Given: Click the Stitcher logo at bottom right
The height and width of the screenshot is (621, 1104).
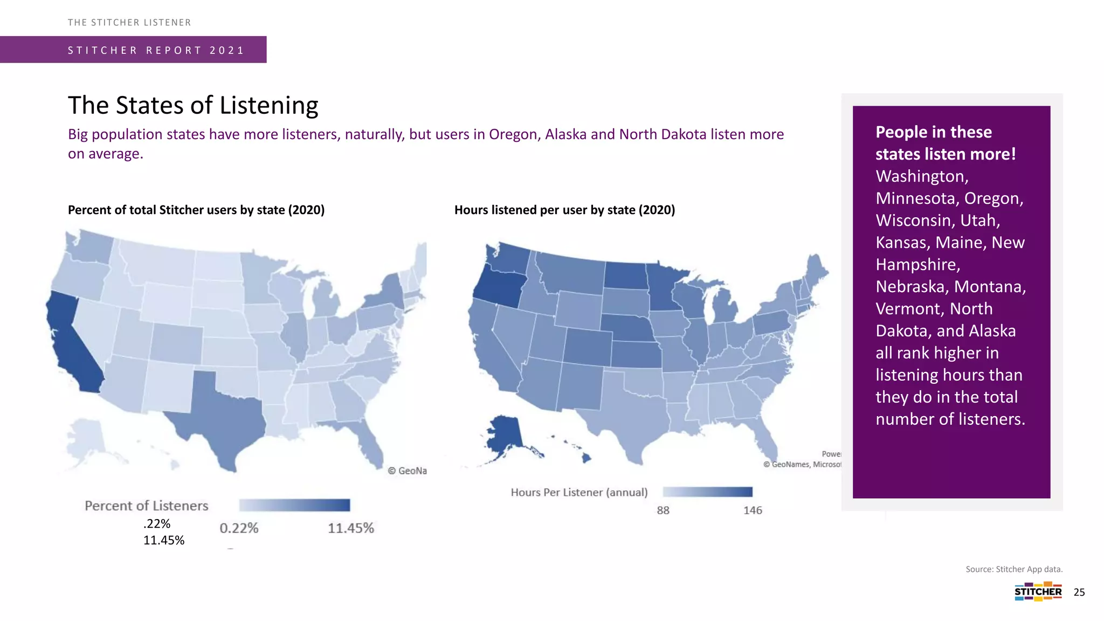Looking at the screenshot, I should click(1038, 591).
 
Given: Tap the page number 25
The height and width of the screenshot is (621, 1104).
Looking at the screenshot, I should click(1079, 592).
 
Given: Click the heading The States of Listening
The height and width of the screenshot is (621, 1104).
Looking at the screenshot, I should click(193, 105).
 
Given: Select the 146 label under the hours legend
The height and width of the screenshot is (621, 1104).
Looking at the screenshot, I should click(753, 510).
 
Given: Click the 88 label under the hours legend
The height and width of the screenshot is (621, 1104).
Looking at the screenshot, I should click(663, 510).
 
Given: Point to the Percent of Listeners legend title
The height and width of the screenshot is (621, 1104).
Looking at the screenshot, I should click(146, 506).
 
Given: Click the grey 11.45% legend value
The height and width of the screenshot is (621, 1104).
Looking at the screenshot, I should click(351, 528).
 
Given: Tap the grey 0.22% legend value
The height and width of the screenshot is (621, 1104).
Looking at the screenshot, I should click(239, 528).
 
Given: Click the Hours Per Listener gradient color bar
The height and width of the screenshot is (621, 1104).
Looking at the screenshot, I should click(707, 492).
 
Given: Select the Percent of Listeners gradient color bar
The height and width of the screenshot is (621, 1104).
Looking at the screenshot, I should click(294, 505).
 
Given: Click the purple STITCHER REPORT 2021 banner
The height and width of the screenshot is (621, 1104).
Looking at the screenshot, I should click(133, 50).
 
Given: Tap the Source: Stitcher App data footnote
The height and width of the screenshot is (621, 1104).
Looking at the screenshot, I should click(1014, 569).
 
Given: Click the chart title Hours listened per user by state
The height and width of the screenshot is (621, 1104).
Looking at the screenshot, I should click(564, 210).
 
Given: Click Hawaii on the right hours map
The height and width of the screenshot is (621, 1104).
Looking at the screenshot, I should click(586, 458).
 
